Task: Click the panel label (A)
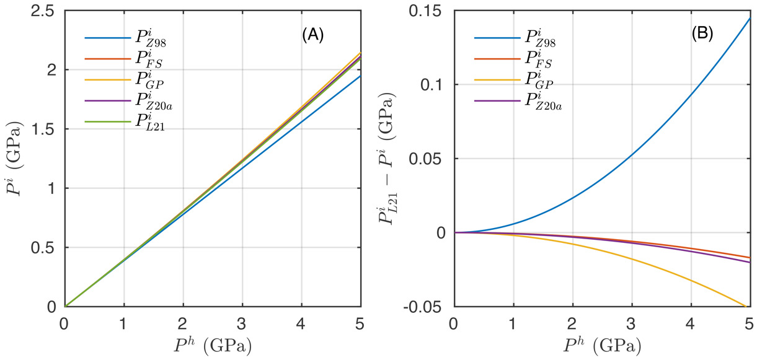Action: (x=312, y=36)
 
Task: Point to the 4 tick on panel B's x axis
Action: (x=690, y=323)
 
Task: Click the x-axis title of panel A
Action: (x=213, y=345)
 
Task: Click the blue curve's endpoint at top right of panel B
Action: (x=749, y=19)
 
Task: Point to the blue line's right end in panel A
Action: (x=360, y=76)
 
